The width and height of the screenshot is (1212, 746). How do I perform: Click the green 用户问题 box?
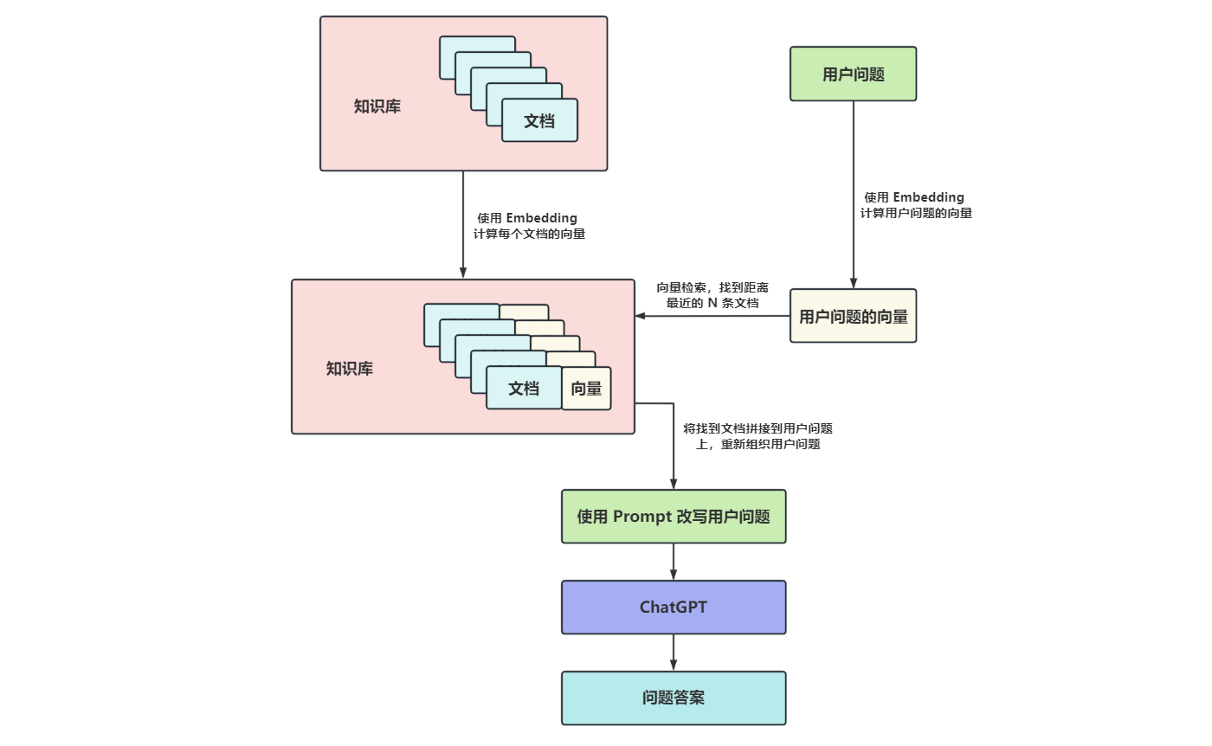click(853, 74)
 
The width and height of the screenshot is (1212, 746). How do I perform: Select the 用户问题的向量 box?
click(853, 317)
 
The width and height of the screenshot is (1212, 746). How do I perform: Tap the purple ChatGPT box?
click(674, 608)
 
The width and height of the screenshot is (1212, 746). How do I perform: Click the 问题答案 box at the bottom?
click(674, 698)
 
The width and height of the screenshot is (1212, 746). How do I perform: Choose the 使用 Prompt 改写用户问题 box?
click(674, 517)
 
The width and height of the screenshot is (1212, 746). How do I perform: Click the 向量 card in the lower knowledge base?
click(586, 389)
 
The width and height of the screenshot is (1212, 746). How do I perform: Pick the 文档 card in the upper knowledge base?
click(539, 121)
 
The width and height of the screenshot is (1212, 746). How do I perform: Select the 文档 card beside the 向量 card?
click(524, 388)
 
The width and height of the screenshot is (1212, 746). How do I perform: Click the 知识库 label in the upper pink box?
click(377, 107)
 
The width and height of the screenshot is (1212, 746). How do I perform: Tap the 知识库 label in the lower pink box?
click(350, 369)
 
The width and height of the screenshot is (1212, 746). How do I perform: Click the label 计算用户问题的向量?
click(916, 213)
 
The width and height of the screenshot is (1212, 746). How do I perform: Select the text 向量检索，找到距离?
click(712, 286)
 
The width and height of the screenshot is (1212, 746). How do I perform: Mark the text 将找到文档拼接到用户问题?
click(758, 428)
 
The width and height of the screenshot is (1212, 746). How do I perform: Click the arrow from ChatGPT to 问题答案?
click(674, 653)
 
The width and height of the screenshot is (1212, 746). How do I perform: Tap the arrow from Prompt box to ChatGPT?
click(674, 562)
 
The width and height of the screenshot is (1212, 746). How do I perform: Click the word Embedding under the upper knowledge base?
click(541, 218)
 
